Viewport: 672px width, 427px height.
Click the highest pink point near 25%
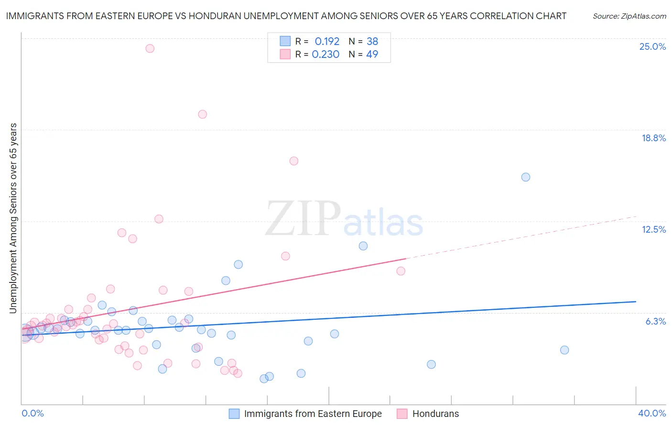[150, 48]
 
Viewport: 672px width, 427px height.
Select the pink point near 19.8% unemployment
[202, 114]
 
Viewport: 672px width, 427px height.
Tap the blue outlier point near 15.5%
[525, 177]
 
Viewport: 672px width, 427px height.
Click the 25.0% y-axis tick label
[652, 46]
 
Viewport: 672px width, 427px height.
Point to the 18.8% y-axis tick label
[653, 138]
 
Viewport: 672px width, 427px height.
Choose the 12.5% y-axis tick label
[653, 229]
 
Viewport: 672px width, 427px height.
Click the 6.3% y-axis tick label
[655, 321]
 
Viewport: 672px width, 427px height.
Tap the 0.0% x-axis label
[33, 413]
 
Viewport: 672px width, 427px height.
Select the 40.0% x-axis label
[651, 413]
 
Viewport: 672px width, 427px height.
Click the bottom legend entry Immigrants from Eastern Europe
[313, 414]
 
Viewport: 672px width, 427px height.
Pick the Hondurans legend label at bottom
[435, 414]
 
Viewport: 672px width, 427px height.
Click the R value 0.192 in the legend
[327, 42]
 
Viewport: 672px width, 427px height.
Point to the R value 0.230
[325, 55]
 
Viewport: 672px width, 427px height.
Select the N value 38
[372, 42]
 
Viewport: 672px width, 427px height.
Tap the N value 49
[372, 55]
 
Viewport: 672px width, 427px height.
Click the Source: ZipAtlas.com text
[629, 16]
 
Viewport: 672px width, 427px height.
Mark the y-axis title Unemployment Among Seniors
[13, 218]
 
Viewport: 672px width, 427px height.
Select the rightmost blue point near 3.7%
[564, 350]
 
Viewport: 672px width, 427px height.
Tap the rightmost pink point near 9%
[401, 271]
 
